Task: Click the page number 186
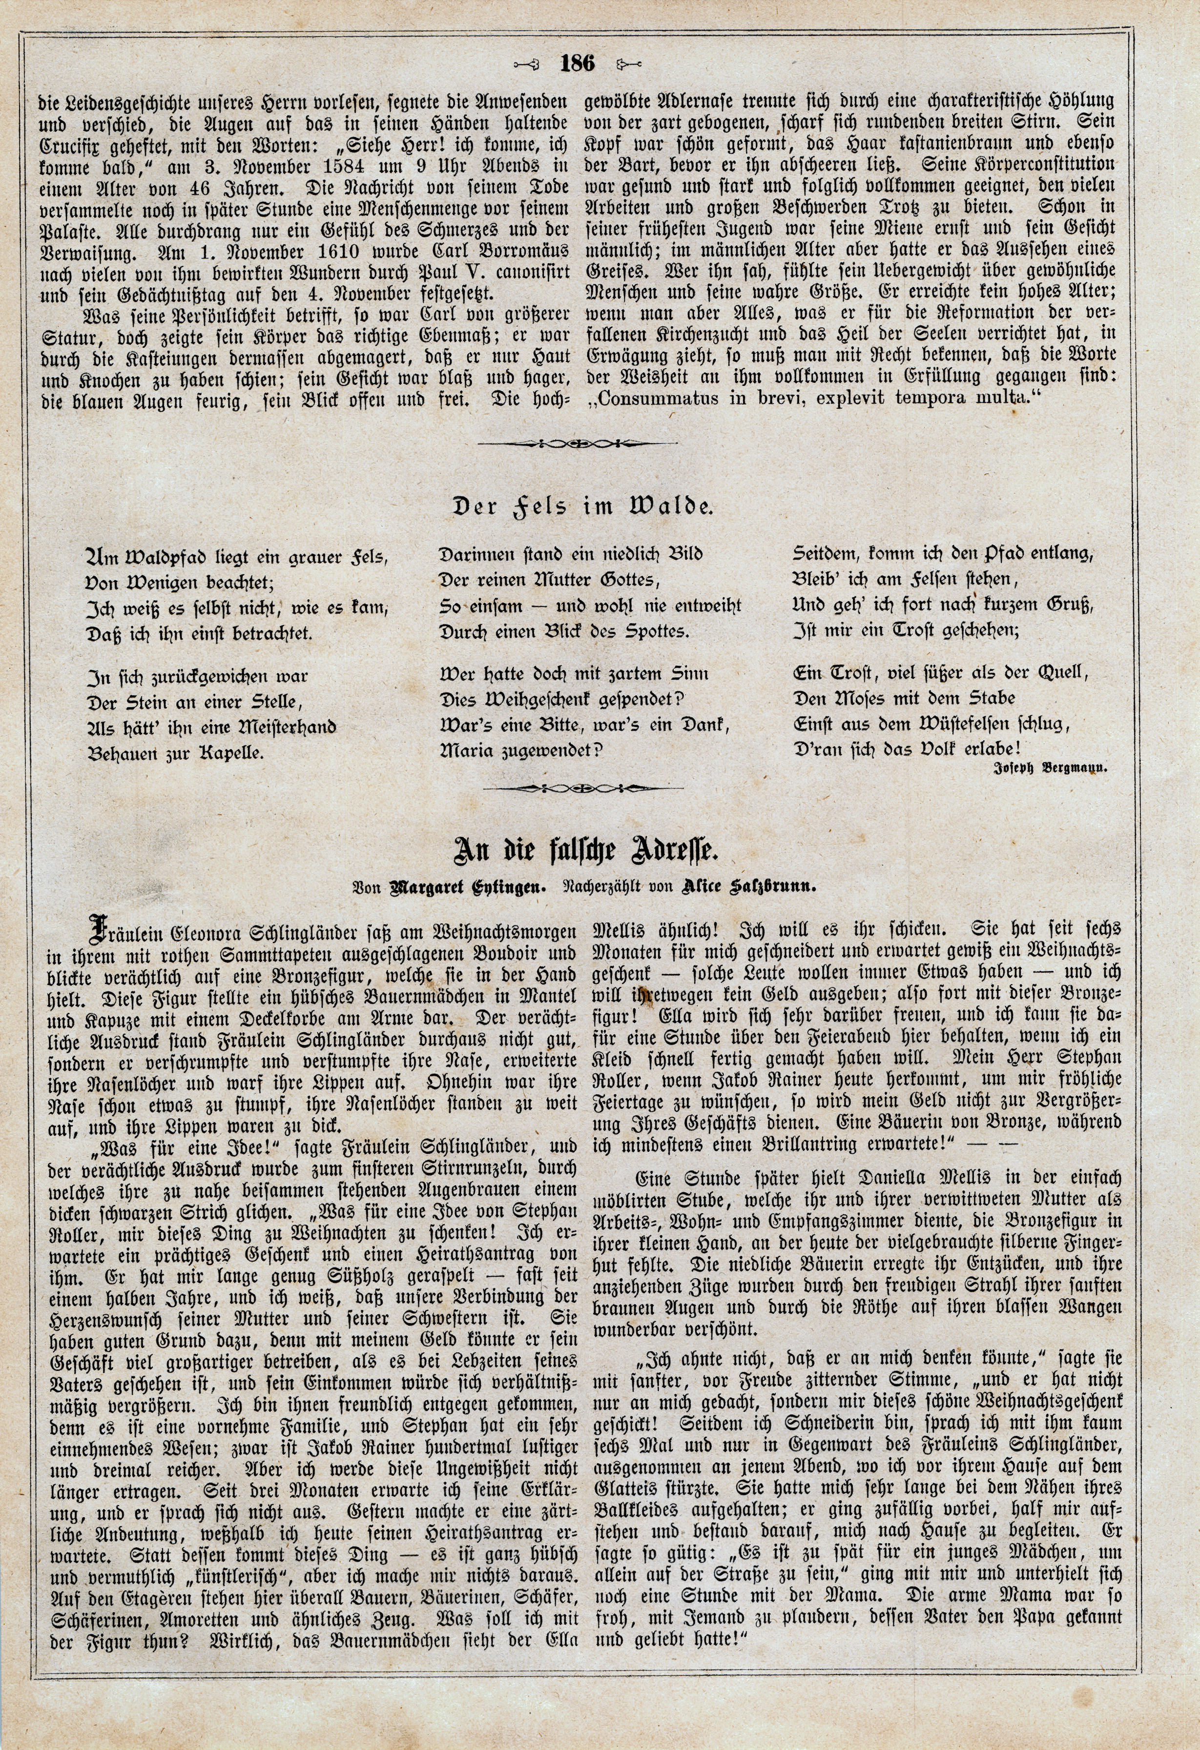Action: pos(578,64)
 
